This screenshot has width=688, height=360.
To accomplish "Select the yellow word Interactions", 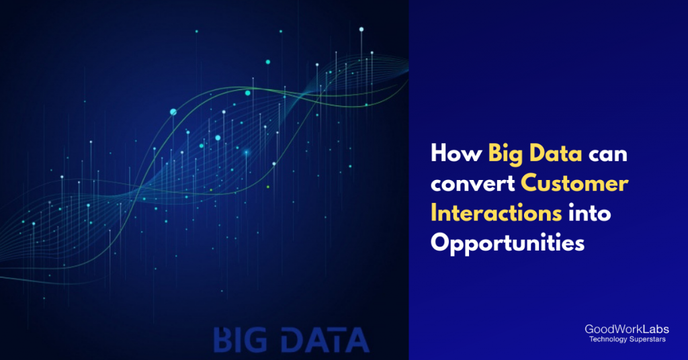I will pyautogui.click(x=496, y=213).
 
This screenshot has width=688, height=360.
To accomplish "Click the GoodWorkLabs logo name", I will pyautogui.click(x=627, y=330).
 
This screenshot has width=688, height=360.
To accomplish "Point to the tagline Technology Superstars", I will pyautogui.click(x=627, y=340).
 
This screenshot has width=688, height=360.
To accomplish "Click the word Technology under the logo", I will pyautogui.click(x=608, y=340).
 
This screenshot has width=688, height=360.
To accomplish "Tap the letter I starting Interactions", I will pyautogui.click(x=434, y=213).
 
